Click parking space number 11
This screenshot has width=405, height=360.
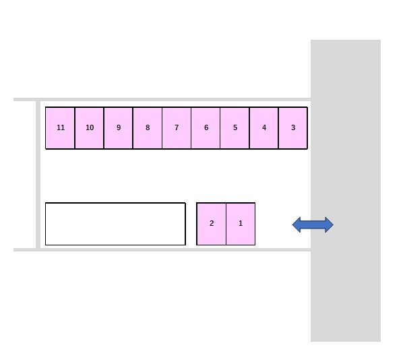coord(60,128)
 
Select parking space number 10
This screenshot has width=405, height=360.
coord(90,128)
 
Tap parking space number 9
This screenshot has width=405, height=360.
coord(119,128)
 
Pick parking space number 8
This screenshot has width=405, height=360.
coord(148,128)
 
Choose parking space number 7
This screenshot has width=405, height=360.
coord(177,128)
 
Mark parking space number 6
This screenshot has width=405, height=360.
coord(206,128)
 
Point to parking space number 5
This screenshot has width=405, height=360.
coord(235,128)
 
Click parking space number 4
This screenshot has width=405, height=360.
coord(264,128)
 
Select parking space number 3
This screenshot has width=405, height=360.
coord(293,128)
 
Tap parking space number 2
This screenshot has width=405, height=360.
coord(212,224)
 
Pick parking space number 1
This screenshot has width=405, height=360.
coord(241,224)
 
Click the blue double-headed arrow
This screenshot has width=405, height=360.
coord(313,224)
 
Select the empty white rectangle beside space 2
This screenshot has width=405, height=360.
coord(115,224)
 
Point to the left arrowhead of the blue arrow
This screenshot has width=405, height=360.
coord(297,224)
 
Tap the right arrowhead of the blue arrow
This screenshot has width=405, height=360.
coord(330,224)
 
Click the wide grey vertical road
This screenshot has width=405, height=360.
coord(346,191)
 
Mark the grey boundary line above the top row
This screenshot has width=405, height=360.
coord(162,100)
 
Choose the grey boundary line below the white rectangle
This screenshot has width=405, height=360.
coord(162,249)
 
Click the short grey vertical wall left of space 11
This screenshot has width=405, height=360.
coord(38,175)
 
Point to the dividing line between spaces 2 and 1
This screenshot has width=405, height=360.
coord(226,224)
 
